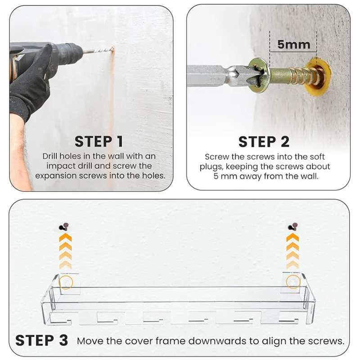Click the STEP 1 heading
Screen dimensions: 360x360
click(x=99, y=141)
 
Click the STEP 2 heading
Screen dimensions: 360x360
click(x=264, y=142)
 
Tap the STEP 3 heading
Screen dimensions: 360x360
click(x=41, y=340)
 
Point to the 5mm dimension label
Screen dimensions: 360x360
click(x=294, y=44)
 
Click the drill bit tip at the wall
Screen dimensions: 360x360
click(x=113, y=48)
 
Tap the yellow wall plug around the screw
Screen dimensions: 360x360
click(x=319, y=77)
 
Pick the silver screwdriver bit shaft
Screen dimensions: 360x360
click(x=219, y=76)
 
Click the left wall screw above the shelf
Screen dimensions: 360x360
click(x=64, y=227)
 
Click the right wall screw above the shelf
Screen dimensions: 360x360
click(x=293, y=227)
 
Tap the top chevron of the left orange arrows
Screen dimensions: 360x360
click(x=65, y=238)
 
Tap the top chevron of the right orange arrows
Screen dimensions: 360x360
click(x=292, y=238)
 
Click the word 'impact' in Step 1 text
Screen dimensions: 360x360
click(x=61, y=166)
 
